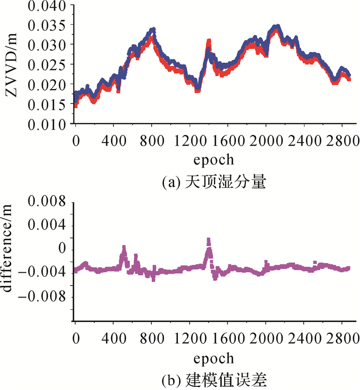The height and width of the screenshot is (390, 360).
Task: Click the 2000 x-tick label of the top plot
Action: (x=266, y=139)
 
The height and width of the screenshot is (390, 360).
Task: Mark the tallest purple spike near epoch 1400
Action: (x=208, y=240)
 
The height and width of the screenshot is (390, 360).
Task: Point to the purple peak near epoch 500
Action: (x=124, y=247)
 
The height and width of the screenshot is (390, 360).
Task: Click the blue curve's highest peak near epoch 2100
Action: (x=277, y=25)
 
